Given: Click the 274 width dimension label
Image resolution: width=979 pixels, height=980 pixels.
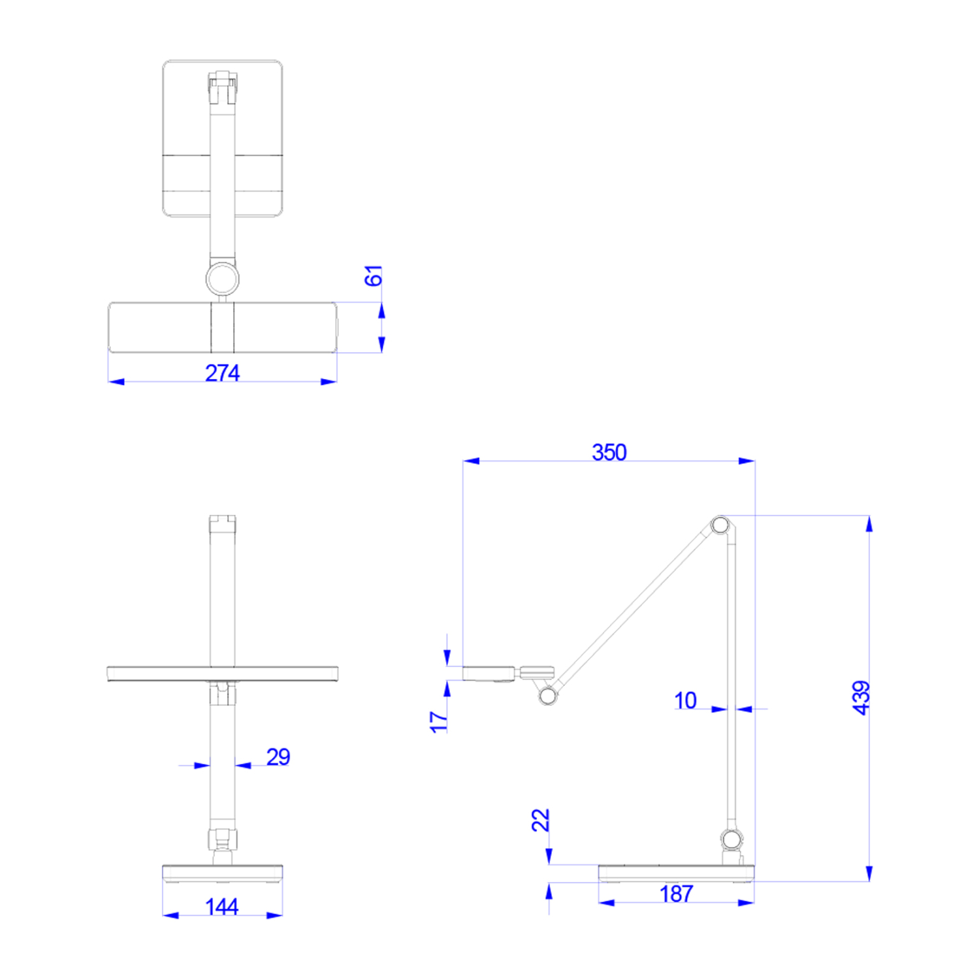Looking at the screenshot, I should [x=222, y=373].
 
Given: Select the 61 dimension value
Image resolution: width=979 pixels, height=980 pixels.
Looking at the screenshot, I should [x=373, y=276].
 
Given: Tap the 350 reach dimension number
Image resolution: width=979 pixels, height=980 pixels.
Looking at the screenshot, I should [x=609, y=452].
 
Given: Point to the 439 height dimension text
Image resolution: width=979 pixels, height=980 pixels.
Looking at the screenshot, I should [x=861, y=698].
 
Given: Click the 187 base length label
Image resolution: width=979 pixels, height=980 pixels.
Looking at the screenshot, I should [x=676, y=894].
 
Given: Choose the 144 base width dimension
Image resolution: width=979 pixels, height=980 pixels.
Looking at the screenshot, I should [x=221, y=907].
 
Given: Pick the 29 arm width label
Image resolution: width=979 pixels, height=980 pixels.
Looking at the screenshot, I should [x=278, y=757].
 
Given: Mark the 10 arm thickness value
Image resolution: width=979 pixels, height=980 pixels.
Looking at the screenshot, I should [x=685, y=700].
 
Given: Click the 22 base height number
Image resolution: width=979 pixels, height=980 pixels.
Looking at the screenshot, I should [x=541, y=820].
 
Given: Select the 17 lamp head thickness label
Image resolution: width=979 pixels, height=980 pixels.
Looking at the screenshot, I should [x=439, y=721].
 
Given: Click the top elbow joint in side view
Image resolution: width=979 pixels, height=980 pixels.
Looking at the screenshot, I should [x=720, y=525].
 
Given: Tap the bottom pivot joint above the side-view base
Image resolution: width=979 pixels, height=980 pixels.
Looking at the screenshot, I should [x=731, y=838].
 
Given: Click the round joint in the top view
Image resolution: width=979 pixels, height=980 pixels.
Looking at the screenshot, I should [x=223, y=279].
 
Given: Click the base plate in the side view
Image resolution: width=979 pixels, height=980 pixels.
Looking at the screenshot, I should [x=676, y=873].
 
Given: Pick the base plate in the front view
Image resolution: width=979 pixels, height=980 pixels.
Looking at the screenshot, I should [x=222, y=873].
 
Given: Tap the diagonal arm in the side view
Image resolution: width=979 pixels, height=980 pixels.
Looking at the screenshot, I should [x=634, y=611].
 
